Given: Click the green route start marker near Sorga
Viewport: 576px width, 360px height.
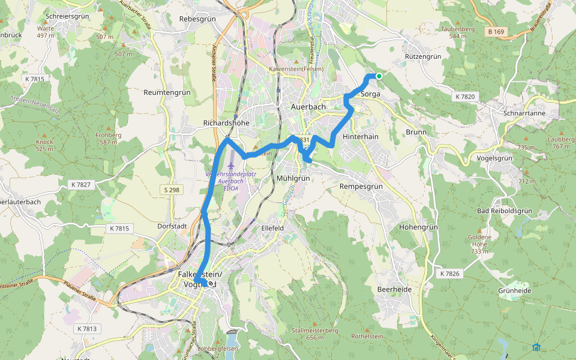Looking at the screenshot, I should pos(379,76).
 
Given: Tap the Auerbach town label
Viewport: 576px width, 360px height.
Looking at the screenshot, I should pos(308,107).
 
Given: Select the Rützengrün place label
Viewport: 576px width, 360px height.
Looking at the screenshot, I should pos(423,56).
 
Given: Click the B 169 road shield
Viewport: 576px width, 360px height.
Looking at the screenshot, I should pos(496,31).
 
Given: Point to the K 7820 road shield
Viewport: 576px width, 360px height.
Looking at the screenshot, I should pos(465,97).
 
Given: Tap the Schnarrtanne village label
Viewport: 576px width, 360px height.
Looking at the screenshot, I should pos(524,113).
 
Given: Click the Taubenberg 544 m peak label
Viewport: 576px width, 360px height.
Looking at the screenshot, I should pos(458,32).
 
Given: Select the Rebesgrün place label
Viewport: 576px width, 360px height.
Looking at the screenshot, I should pos(197,19).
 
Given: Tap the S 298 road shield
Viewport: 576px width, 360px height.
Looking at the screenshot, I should pos(170,190).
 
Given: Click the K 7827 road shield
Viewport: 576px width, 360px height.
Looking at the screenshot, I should pos(80,184).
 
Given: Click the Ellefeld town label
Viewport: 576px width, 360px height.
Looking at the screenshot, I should pos(272,228).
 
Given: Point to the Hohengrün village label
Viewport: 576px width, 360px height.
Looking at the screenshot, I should pos(418,228).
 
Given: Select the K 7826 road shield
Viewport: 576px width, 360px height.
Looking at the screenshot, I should pos(449,274).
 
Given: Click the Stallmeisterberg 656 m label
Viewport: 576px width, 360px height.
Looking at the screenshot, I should pos(314,334).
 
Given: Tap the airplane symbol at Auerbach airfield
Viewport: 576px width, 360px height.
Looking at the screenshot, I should pos(232,164).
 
